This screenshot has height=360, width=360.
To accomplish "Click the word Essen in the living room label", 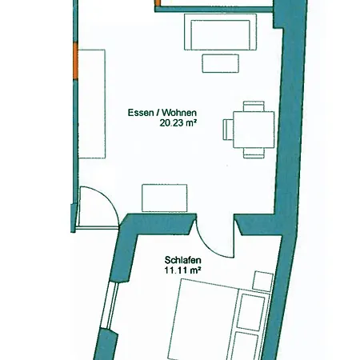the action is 139,113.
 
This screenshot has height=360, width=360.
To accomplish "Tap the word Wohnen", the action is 179,113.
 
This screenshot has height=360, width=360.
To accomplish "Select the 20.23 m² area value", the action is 178,123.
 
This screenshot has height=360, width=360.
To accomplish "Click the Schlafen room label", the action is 182,260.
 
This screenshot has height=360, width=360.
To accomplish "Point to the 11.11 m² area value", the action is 182,270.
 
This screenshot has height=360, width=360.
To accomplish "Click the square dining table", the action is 254,130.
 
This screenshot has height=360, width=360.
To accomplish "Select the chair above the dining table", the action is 254,106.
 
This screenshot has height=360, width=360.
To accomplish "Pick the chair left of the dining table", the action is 228,130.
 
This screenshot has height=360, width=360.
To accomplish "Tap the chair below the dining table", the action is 254,153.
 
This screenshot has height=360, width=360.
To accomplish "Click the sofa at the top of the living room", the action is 220,32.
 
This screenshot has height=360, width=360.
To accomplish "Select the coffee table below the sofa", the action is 220,63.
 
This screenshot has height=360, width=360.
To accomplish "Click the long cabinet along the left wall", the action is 92,104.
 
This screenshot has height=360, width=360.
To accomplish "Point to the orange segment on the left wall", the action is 76,61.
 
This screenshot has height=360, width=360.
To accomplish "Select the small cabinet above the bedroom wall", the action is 165,198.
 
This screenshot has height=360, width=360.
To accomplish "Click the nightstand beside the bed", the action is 262,282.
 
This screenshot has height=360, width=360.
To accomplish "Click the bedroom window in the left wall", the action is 110,306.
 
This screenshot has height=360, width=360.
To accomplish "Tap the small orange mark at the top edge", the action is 158,3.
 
